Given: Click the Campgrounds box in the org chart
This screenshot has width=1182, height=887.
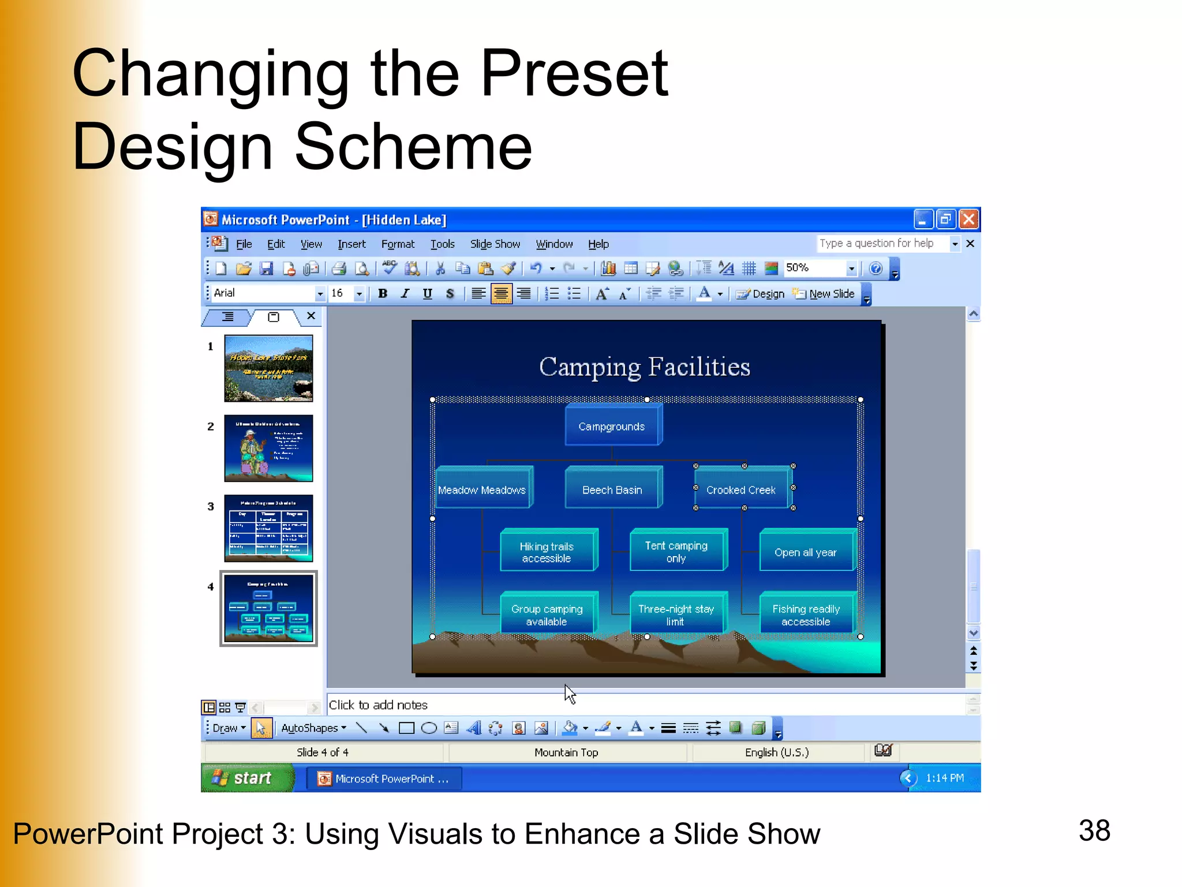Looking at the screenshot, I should [x=612, y=426].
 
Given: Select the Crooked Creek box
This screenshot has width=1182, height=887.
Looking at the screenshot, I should [x=741, y=490].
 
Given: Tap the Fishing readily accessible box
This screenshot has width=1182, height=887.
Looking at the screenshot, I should [x=806, y=615].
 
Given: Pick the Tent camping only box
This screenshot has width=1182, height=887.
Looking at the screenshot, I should [x=676, y=552].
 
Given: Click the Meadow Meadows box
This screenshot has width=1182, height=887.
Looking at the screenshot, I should [x=482, y=490].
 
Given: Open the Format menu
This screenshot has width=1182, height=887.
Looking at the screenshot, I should [x=398, y=244].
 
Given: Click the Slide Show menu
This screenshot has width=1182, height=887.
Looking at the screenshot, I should [x=495, y=244].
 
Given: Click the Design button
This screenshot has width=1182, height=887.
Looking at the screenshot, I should [x=761, y=294].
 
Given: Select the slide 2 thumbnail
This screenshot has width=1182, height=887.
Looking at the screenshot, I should [x=268, y=448].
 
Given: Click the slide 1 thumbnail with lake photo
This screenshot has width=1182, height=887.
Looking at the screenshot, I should [x=268, y=368].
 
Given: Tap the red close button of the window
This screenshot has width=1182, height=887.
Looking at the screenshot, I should [x=968, y=219].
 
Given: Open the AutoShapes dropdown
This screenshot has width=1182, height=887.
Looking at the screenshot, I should [x=313, y=728].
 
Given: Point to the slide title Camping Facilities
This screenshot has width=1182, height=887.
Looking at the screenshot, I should [x=644, y=367].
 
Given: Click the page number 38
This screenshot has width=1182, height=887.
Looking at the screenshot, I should [x=1094, y=830].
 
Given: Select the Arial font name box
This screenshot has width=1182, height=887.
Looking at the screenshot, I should [x=263, y=293].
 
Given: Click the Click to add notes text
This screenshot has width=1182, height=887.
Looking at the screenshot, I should [x=378, y=705].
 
